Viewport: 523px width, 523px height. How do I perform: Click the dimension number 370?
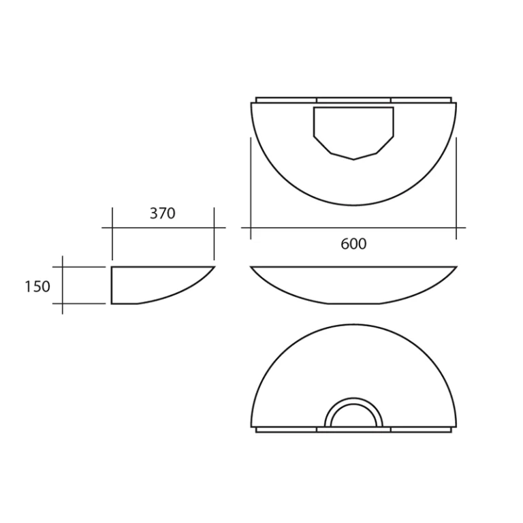pyautogui.click(x=162, y=213)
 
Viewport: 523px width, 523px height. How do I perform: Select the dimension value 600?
pyautogui.click(x=353, y=244)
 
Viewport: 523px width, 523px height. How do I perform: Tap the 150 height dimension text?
pyautogui.click(x=37, y=286)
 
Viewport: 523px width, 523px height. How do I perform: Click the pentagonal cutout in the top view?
pyautogui.click(x=353, y=129)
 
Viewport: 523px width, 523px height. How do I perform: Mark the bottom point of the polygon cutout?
pyautogui.click(x=353, y=159)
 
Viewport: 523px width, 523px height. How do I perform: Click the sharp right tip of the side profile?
pyautogui.click(x=214, y=267)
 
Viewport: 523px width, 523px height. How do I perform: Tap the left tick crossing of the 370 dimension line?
pyautogui.click(x=112, y=227)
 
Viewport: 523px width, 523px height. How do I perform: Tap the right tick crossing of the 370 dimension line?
pyautogui.click(x=214, y=227)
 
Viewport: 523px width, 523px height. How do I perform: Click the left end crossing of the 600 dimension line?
pyautogui.click(x=251, y=227)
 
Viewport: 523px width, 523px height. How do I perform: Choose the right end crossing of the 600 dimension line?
pyautogui.click(x=456, y=227)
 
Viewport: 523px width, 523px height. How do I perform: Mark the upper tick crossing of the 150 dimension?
pyautogui.click(x=63, y=267)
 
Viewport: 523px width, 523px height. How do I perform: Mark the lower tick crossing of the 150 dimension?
pyautogui.click(x=63, y=303)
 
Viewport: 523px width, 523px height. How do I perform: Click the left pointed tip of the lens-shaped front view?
pyautogui.click(x=251, y=267)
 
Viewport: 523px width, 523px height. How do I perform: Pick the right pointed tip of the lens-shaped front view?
pyautogui.click(x=456, y=267)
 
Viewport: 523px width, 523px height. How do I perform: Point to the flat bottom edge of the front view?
pyautogui.click(x=353, y=303)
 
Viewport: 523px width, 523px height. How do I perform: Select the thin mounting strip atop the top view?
pyautogui.click(x=353, y=99)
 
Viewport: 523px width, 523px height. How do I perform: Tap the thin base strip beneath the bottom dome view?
pyautogui.click(x=353, y=430)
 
